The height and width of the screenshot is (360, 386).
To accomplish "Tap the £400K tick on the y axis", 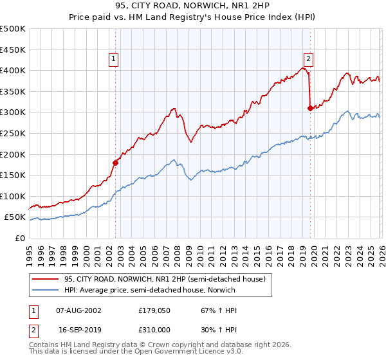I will [13, 70].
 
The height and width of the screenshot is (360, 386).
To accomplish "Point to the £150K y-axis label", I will [13, 175].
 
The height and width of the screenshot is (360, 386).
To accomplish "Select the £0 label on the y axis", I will [20, 238].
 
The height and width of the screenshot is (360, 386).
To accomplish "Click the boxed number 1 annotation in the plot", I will [113, 59].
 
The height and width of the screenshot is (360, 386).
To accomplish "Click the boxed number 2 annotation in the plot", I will [308, 59].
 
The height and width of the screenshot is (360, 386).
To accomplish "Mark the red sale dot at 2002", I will [116, 163].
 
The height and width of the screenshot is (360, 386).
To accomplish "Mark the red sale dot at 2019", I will [310, 108].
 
